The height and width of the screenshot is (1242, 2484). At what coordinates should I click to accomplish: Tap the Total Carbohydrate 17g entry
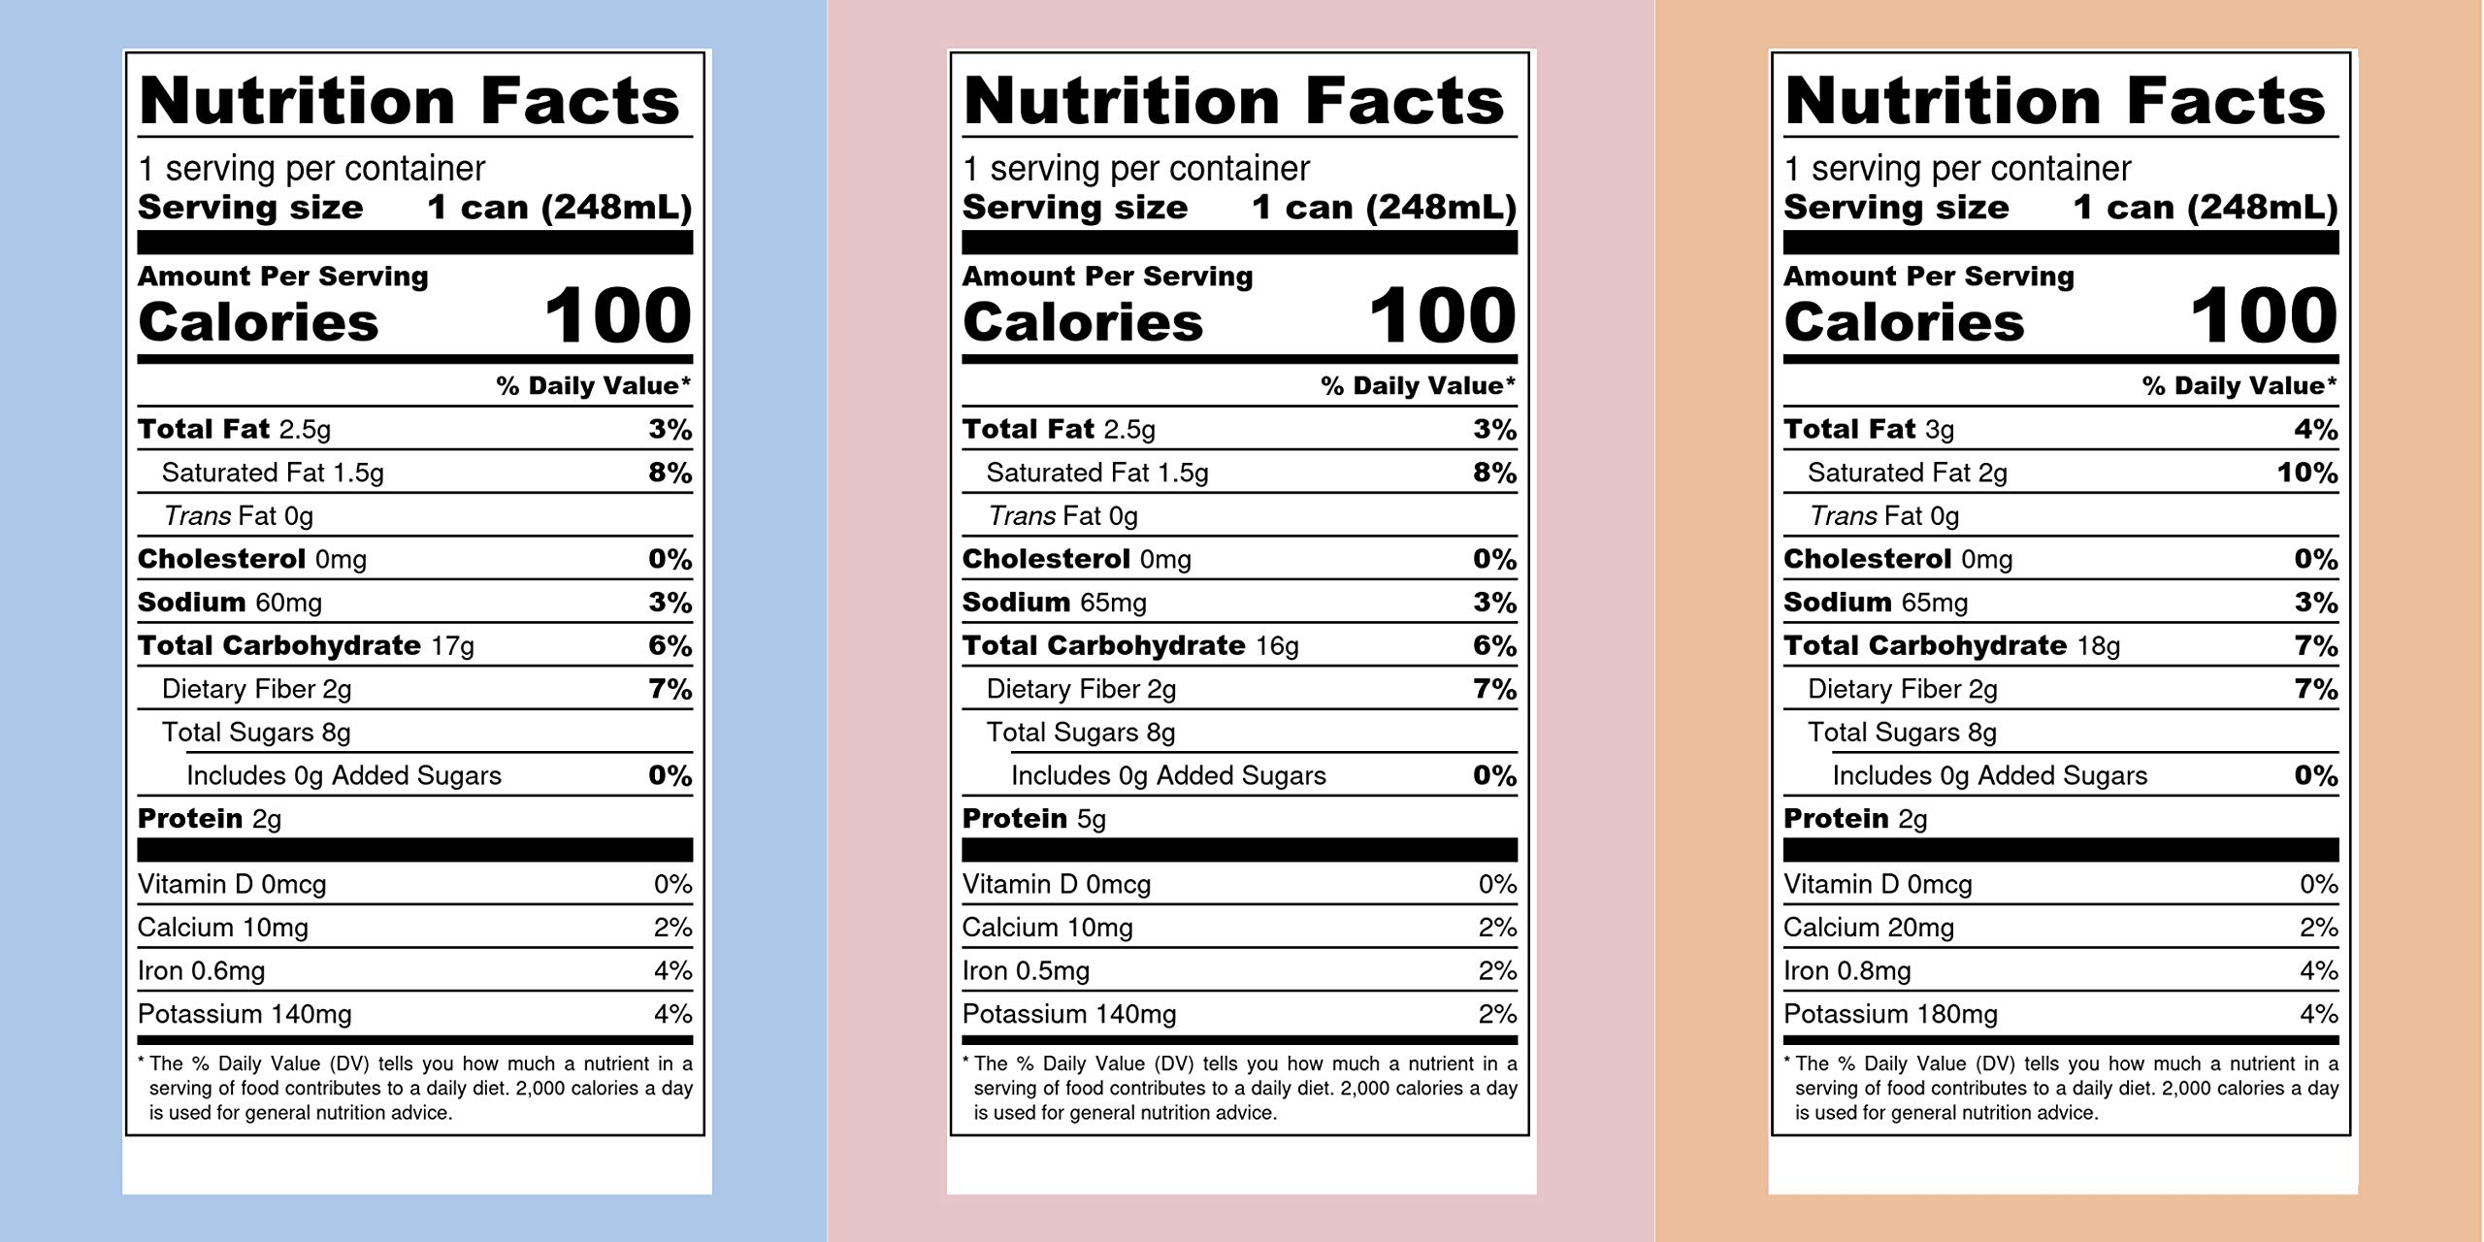coord(306,646)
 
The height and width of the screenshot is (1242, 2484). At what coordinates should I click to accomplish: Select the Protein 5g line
coord(1033,819)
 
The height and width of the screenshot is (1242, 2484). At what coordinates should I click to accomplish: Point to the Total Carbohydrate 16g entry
coord(1130,646)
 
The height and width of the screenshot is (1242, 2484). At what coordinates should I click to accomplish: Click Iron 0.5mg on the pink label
coord(1026,971)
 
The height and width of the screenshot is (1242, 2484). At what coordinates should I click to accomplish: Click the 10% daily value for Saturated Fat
coord(2307,474)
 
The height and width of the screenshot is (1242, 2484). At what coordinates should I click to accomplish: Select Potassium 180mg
coord(1890,1015)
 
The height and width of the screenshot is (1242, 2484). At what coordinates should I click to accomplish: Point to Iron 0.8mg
coord(1847,971)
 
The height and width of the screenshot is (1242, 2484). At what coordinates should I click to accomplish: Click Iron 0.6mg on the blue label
coord(201,971)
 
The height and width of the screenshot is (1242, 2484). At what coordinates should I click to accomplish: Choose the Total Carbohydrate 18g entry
coord(1951,646)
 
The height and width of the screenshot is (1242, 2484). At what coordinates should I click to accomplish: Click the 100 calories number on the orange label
coord(2264,316)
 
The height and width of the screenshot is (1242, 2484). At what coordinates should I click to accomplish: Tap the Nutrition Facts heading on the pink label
coord(1233,101)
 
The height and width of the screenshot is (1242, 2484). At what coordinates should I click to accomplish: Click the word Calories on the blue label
coord(258,322)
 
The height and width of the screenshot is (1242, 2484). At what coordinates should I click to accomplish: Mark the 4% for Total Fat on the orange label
coord(2316,430)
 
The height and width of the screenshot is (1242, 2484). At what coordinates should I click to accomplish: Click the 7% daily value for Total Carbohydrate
coord(2316,646)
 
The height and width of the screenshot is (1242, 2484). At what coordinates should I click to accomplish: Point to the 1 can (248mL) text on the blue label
coord(560,208)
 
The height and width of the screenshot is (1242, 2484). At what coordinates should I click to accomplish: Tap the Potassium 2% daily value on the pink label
coord(1497,1015)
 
